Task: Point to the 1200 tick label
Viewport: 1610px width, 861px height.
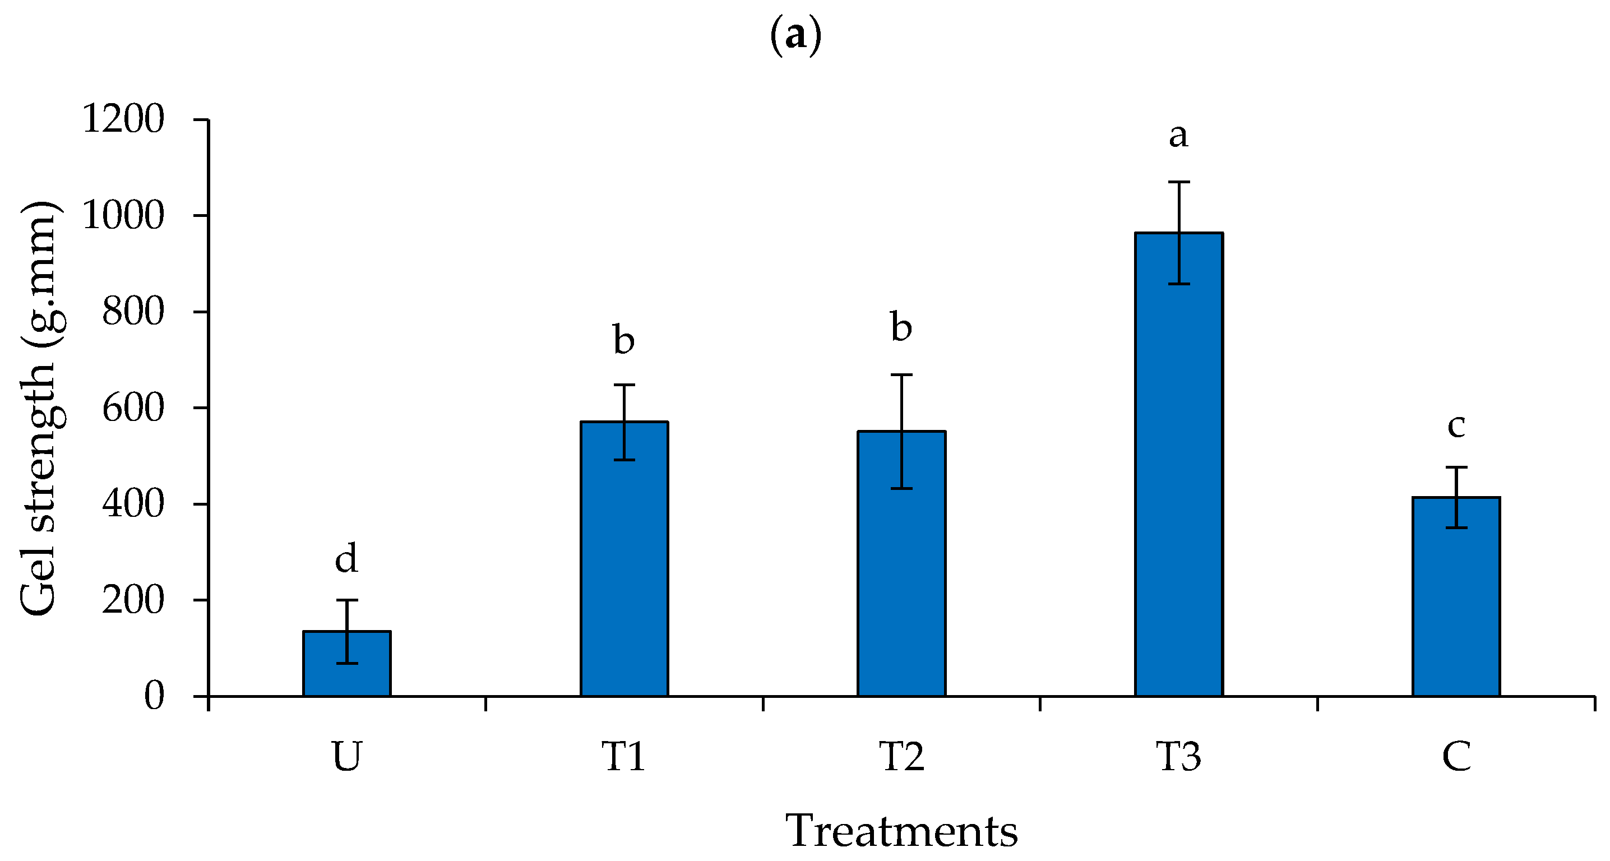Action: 123,119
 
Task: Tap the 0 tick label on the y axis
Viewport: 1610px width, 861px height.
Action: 154,696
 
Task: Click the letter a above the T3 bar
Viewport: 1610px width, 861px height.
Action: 1178,135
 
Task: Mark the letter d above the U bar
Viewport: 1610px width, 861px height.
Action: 346,557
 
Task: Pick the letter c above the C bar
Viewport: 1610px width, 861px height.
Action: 1456,425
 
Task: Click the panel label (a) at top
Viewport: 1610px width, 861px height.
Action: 795,36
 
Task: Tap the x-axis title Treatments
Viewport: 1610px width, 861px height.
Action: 901,831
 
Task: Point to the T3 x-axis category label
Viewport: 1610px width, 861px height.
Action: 1178,757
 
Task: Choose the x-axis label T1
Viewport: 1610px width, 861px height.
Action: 624,757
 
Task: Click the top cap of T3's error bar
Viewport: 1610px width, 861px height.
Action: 1179,182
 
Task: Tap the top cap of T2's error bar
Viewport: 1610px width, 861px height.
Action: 901,375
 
